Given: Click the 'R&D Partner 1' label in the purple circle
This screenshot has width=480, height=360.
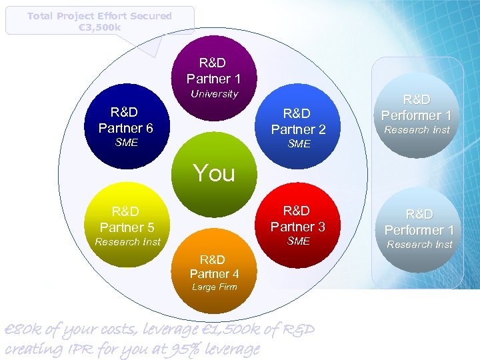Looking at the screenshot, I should click(213, 71).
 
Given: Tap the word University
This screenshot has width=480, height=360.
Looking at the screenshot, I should click(214, 94).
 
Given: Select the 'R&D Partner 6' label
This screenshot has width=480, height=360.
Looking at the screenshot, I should click(126, 120).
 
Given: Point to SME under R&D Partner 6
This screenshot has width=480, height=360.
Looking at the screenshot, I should click(126, 142).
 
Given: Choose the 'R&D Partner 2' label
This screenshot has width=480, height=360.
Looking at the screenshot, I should click(298, 121).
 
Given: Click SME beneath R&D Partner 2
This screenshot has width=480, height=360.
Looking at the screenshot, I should click(298, 144).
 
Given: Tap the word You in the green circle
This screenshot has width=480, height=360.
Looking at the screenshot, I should click(214, 173).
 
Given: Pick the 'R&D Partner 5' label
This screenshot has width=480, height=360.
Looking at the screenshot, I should click(126, 219).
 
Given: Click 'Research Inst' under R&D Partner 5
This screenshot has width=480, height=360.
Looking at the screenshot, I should click(127, 242).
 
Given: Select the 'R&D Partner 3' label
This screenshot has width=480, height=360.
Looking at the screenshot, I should click(297, 219).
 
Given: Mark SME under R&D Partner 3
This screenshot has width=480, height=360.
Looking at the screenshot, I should click(298, 241).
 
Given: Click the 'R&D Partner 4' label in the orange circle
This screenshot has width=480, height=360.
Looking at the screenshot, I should click(213, 267).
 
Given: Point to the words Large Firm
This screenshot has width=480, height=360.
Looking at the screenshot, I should click(214, 287).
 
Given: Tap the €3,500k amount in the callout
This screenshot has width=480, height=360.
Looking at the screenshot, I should click(99, 27).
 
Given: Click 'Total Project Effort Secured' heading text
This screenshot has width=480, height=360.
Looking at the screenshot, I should click(99, 16).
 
